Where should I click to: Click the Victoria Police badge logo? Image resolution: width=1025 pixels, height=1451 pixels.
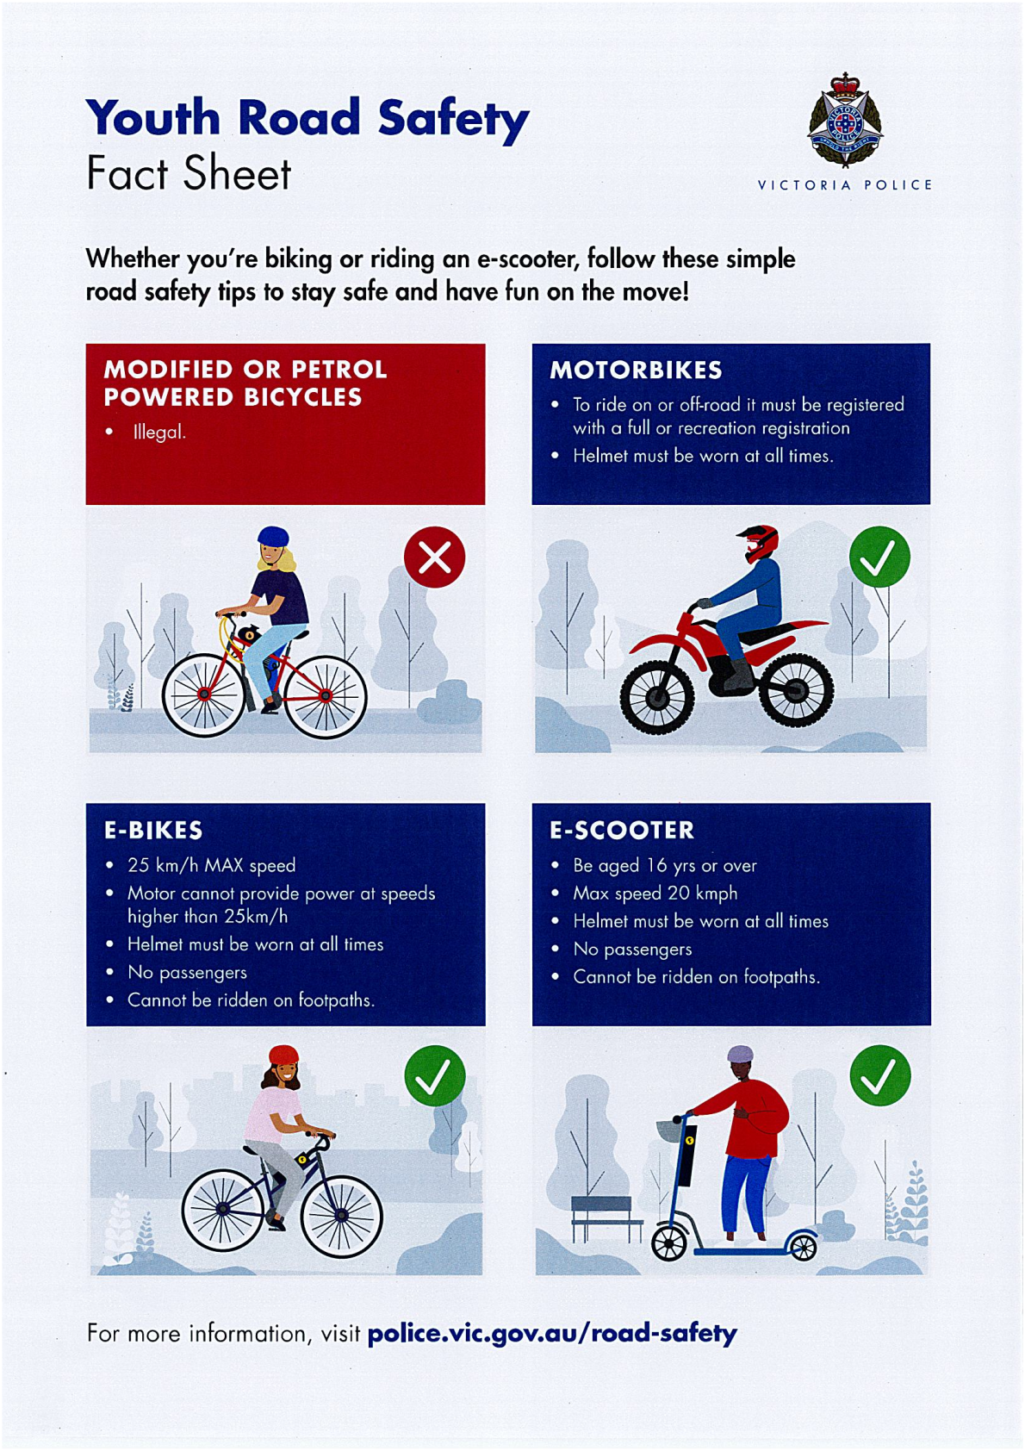[x=845, y=121]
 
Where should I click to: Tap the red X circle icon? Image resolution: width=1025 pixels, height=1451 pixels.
[x=434, y=557]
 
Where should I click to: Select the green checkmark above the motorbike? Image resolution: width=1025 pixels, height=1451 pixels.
[x=879, y=557]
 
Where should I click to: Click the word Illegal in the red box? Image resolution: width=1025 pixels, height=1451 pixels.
[x=159, y=432]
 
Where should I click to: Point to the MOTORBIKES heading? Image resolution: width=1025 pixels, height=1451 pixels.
[x=636, y=370]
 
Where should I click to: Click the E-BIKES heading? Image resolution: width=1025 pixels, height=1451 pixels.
[x=153, y=830]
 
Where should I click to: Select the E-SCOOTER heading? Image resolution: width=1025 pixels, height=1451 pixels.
[x=622, y=830]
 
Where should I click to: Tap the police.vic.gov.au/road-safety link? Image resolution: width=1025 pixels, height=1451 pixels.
[x=552, y=1333]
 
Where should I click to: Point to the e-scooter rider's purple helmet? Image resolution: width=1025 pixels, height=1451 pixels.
[x=740, y=1054]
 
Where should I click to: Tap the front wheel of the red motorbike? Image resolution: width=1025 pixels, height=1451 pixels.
[x=657, y=697]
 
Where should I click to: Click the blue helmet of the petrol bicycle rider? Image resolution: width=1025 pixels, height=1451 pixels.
[x=273, y=536]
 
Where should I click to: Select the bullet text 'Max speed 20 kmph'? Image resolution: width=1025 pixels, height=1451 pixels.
[x=655, y=894]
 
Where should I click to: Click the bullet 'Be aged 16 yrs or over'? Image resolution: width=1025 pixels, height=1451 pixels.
[x=665, y=866]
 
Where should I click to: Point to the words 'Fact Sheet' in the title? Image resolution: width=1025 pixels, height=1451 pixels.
[x=189, y=173]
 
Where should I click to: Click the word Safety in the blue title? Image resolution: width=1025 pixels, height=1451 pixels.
[x=453, y=120]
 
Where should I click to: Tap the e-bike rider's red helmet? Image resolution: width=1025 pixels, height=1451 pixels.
[x=283, y=1056]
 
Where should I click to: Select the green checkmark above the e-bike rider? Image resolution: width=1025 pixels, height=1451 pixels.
[x=435, y=1076]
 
